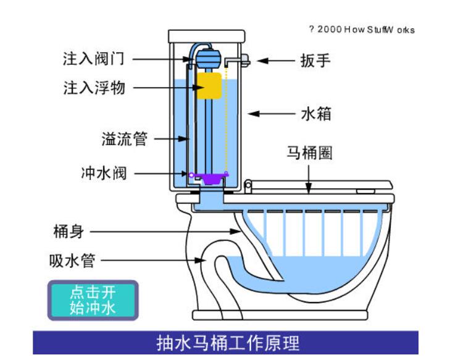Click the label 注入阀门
94,59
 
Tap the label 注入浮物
94,88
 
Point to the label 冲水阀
104,173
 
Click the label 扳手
315,60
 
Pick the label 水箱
317,114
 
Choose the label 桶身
68,232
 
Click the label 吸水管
72,261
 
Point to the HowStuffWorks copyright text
362,30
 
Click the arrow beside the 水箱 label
272,114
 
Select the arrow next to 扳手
275,61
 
